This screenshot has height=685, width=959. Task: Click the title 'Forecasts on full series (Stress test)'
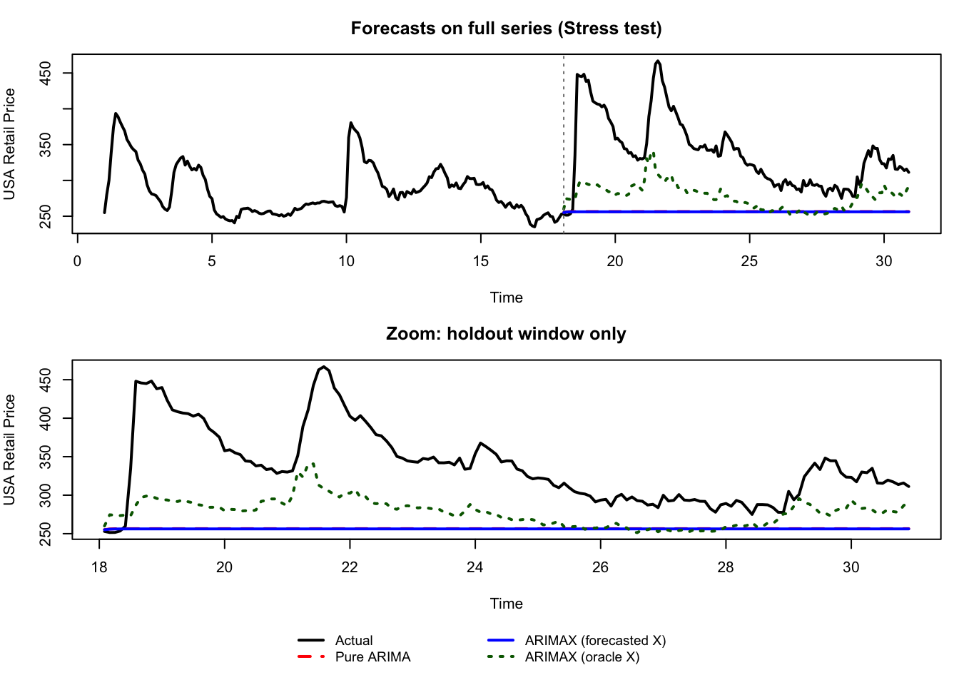[506, 29]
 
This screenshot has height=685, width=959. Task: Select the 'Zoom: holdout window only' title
[506, 334]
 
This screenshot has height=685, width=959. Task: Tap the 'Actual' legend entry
[354, 641]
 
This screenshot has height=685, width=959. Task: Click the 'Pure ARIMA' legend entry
[372, 657]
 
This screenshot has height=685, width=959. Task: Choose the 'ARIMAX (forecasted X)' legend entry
[595, 641]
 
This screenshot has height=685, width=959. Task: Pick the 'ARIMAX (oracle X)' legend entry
[582, 657]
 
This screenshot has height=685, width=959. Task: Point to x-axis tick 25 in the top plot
[749, 261]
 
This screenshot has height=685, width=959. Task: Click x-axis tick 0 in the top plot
[77, 261]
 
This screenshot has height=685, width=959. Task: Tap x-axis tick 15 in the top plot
[481, 261]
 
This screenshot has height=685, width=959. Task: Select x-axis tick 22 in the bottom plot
[350, 567]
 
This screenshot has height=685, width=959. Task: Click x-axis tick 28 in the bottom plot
[726, 567]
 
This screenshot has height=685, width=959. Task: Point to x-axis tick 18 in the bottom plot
[99, 567]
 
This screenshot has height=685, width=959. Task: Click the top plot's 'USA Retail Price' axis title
[10, 144]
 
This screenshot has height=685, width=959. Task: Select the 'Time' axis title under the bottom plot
[506, 604]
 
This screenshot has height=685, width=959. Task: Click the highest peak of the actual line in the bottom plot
[324, 367]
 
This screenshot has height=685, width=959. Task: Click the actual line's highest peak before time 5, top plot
[116, 113]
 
